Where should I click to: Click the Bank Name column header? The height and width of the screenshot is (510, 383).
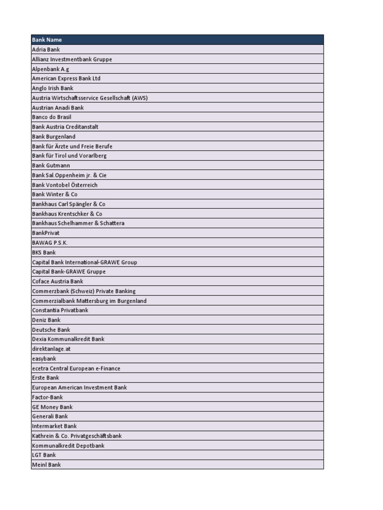47,40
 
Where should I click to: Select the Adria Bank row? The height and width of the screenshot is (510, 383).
46,50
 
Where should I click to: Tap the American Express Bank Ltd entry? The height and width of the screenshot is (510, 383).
66,79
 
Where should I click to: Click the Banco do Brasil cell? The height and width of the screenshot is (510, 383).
52,117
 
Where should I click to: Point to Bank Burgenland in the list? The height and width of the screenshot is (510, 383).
54,136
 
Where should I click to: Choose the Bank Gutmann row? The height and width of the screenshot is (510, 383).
51,165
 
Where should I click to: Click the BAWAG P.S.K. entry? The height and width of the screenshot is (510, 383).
50,243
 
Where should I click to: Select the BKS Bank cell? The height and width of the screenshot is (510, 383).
44,253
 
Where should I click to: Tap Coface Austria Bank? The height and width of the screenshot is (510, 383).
58,281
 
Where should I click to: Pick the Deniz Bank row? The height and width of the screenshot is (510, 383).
46,320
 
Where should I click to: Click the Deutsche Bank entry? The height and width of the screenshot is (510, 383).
51,330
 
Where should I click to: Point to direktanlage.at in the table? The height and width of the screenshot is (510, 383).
51,349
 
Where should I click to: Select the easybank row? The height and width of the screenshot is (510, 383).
44,359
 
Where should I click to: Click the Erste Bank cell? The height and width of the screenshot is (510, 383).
45,378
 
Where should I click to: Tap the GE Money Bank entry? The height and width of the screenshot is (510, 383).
52,407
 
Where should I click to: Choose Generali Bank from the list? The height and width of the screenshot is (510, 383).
50,416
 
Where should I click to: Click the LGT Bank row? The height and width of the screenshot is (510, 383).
44,455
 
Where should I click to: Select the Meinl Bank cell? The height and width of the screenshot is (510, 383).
46,465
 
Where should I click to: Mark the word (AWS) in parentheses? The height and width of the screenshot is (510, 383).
140,98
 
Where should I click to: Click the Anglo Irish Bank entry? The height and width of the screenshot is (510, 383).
52,88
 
